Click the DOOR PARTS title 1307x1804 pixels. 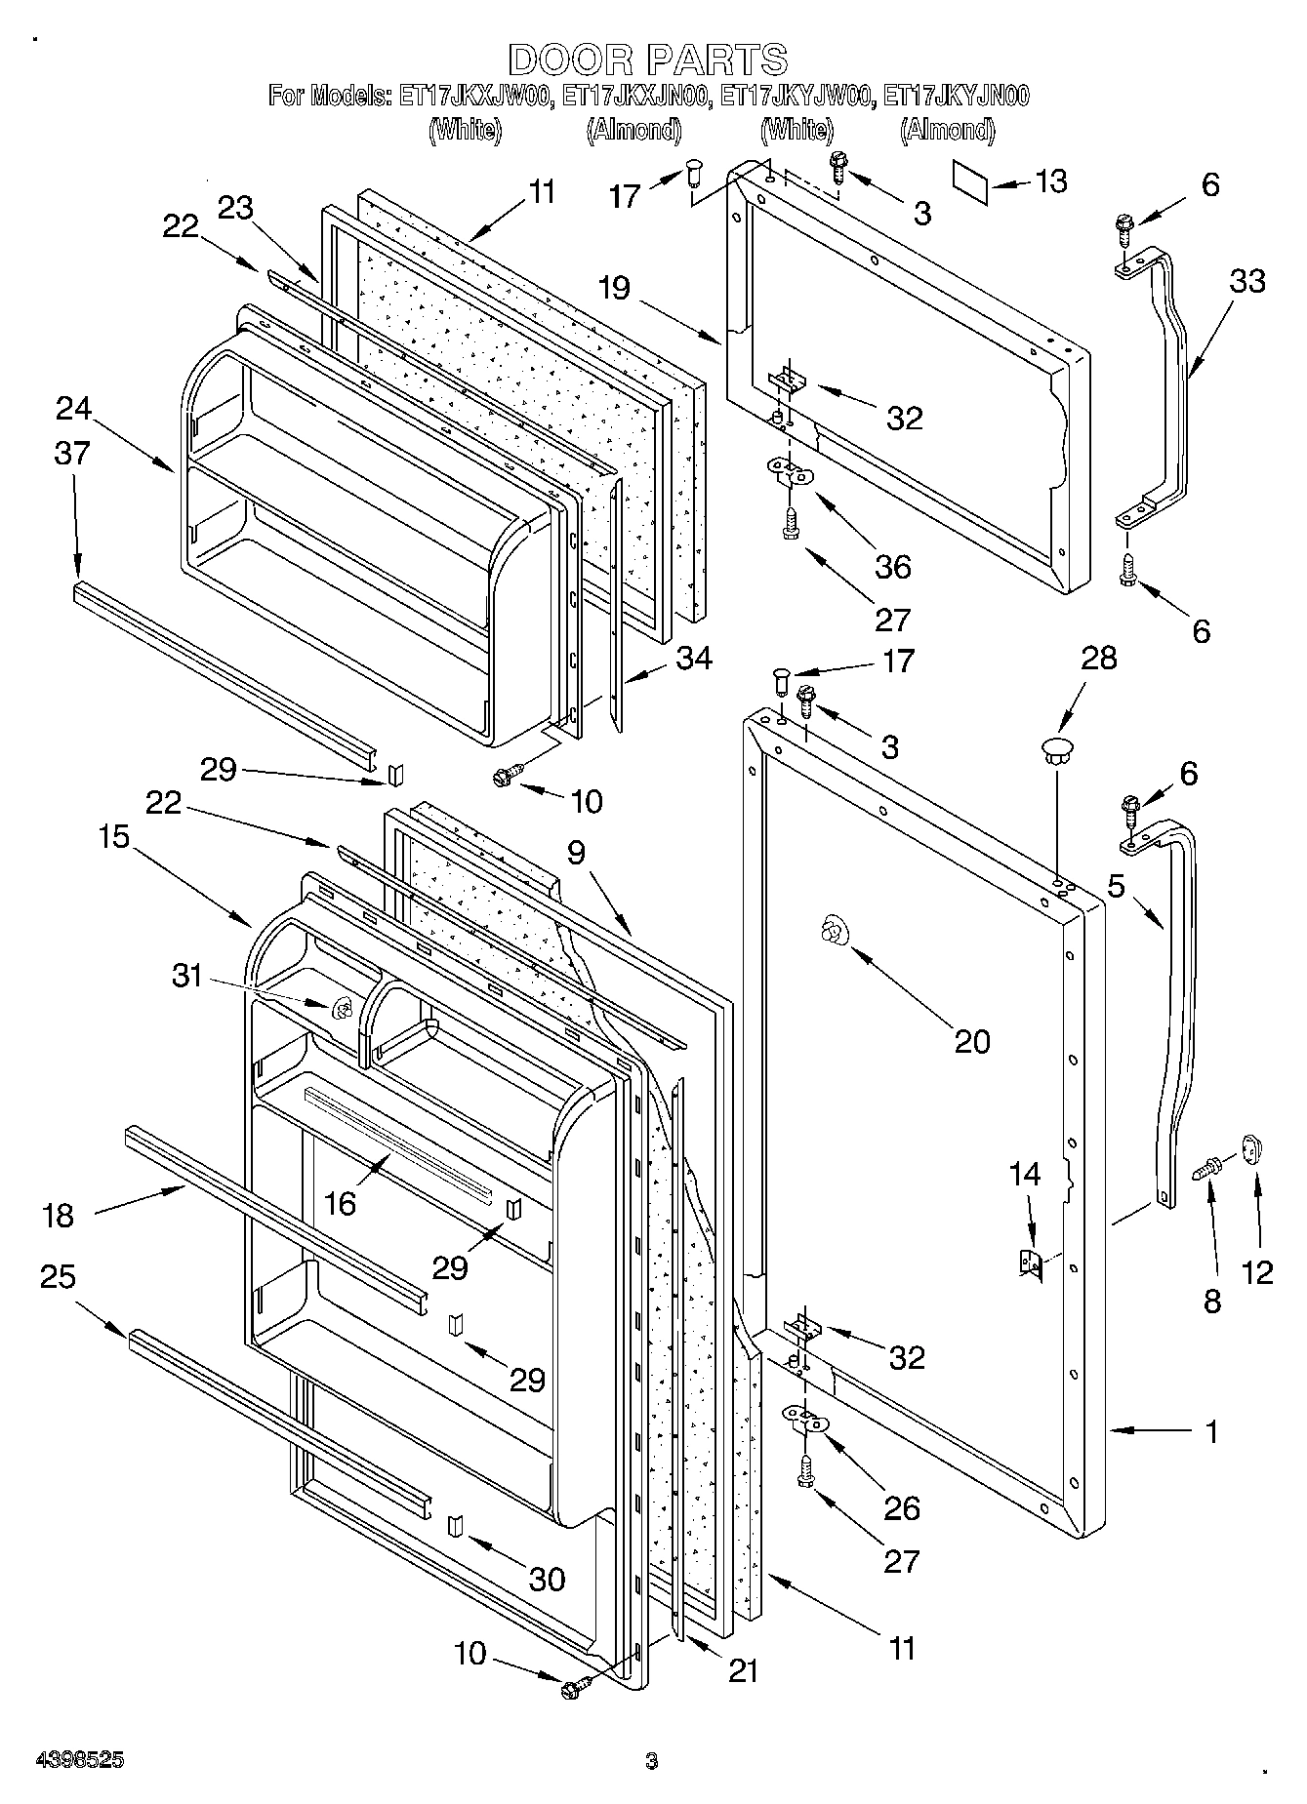click(x=647, y=60)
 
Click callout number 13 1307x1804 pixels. click(x=1050, y=181)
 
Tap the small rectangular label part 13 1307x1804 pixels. click(x=971, y=182)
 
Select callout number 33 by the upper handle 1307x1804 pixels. click(x=1247, y=280)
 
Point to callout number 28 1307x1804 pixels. click(x=1099, y=658)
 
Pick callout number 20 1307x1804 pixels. click(x=972, y=1041)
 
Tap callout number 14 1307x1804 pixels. click(x=1025, y=1175)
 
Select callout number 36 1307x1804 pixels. click(x=893, y=566)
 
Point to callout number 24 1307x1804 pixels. click(x=73, y=408)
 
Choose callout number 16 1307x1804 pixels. click(x=340, y=1203)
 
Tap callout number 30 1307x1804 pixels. click(x=546, y=1579)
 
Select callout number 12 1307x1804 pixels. click(x=1258, y=1272)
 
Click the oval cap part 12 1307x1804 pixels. click(x=1252, y=1148)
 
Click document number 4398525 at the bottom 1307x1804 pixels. click(x=79, y=1760)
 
